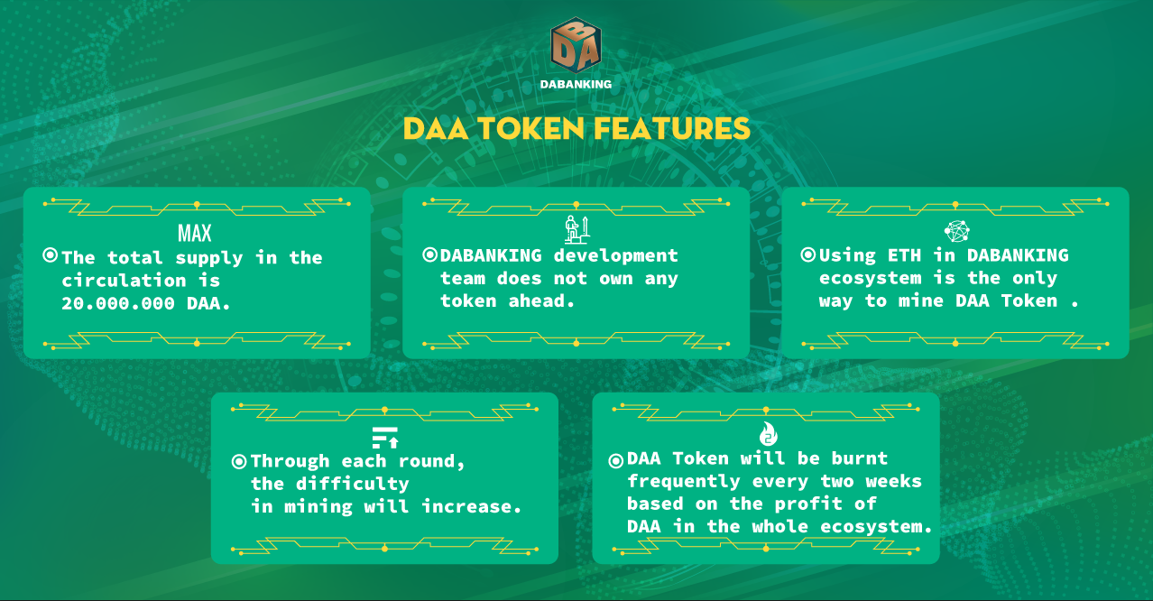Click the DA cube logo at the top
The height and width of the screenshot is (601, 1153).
(576, 45)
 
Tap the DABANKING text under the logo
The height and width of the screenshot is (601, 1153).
(576, 85)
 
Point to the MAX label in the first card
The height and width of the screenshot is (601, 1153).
(195, 234)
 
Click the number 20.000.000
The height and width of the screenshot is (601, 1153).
(118, 303)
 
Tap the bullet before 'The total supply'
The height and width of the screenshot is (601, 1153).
(51, 254)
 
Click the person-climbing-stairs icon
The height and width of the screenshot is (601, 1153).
(576, 229)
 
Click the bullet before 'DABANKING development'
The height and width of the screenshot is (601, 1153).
(429, 254)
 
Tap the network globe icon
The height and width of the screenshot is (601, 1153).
(957, 231)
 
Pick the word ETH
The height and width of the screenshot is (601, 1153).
(904, 254)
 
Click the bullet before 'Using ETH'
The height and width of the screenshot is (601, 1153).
(808, 254)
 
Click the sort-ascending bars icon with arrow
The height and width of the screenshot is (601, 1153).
(385, 438)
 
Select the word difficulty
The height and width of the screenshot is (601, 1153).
(353, 484)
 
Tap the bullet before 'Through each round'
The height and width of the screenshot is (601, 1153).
(239, 461)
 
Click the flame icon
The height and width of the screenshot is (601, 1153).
(769, 434)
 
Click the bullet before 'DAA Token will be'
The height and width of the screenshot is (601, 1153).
(616, 460)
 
